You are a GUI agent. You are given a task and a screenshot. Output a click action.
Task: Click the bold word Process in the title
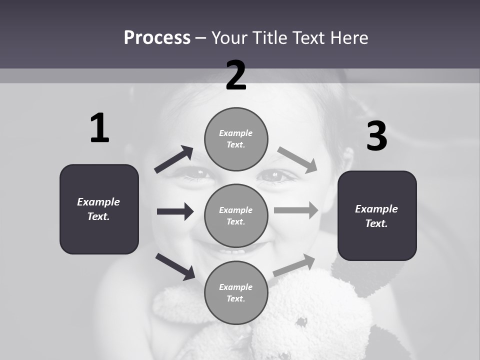[157, 37]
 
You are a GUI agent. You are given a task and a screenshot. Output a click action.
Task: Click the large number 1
[99, 128]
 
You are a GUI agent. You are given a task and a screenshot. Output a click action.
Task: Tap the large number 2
[236, 75]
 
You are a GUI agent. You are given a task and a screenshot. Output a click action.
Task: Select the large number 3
[376, 137]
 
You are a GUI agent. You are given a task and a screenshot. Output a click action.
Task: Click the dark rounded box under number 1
[99, 209]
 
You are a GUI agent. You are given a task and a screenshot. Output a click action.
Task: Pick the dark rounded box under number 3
[377, 215]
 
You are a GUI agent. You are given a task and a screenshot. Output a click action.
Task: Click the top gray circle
[236, 139]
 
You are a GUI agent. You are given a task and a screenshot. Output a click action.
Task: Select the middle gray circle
[236, 215]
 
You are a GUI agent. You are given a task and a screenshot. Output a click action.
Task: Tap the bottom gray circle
[236, 292]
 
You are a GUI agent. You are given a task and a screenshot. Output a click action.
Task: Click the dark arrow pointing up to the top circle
[174, 160]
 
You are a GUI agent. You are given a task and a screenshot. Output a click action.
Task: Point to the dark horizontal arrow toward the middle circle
[175, 211]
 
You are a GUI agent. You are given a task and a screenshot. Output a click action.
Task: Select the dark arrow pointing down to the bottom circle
[175, 266]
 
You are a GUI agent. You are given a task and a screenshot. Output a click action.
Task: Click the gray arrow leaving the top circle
[297, 159]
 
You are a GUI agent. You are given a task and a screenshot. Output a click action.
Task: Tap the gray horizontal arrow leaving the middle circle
[296, 210]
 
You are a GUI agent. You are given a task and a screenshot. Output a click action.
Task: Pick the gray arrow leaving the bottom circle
[294, 265]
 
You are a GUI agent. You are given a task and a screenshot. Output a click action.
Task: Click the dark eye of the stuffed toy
[301, 322]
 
